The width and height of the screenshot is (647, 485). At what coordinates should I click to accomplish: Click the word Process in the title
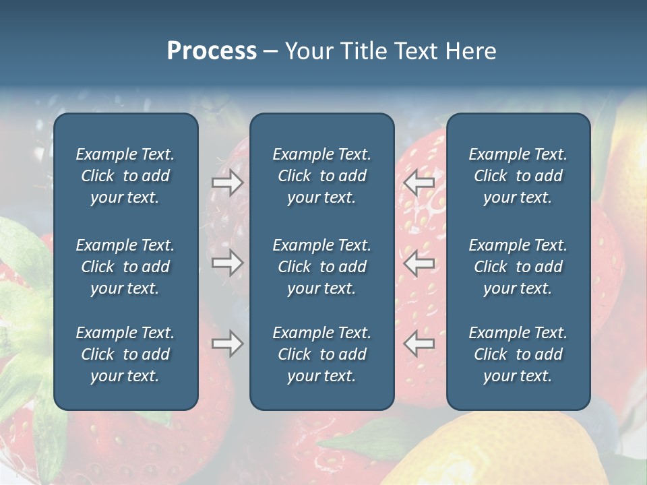pos(212,51)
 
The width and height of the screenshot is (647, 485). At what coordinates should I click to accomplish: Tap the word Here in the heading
pos(469,51)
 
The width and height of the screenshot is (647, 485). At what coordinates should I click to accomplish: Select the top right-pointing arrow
pos(227,183)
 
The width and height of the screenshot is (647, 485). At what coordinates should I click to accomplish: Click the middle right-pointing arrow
pos(227,263)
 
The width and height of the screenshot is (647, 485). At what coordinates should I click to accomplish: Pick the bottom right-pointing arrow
pos(227,344)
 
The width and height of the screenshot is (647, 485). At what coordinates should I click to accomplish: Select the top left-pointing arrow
pos(419,183)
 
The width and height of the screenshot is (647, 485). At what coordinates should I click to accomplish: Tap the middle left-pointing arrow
pos(419,263)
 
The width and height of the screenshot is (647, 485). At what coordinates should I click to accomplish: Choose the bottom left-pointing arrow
pos(419,344)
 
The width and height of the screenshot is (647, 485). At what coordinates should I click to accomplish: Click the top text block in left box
pos(125,176)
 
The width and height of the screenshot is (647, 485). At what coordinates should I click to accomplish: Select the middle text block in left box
pos(125,267)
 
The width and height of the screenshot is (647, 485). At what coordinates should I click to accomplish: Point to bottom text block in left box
pos(125,354)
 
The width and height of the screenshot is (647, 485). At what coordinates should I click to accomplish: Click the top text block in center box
pos(321,176)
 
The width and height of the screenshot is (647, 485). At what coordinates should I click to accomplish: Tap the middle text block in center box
pos(321,267)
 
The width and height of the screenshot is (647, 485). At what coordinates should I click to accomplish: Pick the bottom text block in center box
pos(321,354)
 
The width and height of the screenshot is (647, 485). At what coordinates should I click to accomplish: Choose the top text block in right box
pos(518,176)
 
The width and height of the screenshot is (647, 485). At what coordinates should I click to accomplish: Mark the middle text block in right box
pos(518,267)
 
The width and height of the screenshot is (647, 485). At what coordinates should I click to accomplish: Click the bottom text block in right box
pos(518,354)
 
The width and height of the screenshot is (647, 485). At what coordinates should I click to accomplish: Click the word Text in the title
pos(417,51)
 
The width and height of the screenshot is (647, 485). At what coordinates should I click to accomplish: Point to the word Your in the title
pos(309,51)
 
